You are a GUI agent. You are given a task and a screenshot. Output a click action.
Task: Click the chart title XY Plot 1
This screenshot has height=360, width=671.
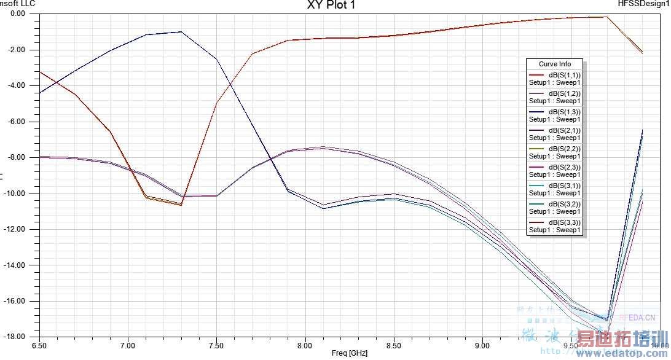click(x=331, y=5)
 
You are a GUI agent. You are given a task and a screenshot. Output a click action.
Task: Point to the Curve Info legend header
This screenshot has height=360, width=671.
click(x=555, y=64)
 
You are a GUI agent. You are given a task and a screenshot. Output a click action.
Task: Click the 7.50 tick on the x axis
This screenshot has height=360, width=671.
click(x=216, y=345)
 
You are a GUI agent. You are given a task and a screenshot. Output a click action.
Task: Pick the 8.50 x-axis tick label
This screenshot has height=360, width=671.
click(x=394, y=345)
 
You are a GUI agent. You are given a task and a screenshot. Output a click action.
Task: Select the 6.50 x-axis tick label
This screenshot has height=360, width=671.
click(x=39, y=345)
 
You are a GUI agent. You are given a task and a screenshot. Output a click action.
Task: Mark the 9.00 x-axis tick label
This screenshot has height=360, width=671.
click(x=482, y=345)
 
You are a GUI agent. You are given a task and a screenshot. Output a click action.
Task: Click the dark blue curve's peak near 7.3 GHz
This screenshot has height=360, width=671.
click(x=181, y=31)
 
